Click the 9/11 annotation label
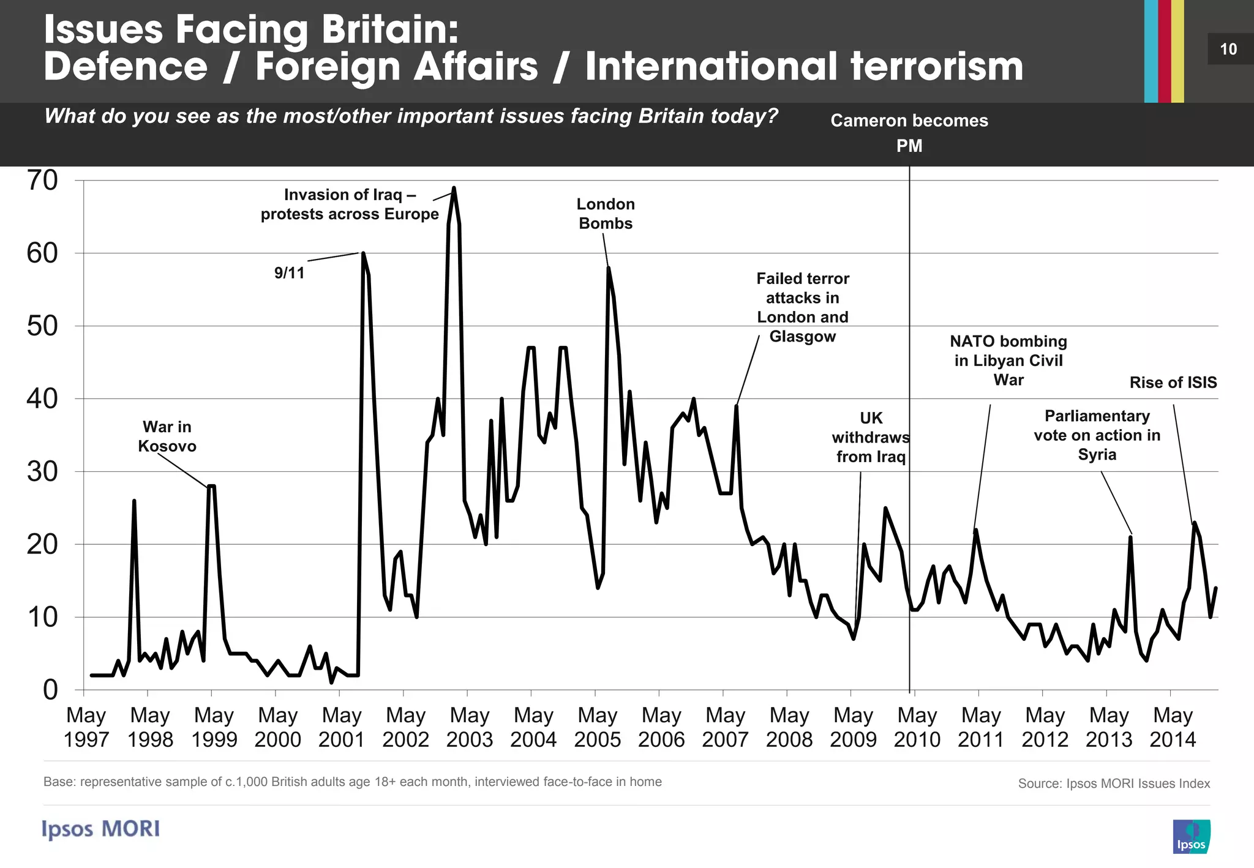[289, 273]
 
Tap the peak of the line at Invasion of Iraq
[454, 188]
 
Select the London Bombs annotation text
[606, 214]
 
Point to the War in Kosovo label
[167, 436]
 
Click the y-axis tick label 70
[42, 181]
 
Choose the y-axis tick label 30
[42, 472]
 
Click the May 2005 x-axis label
[597, 727]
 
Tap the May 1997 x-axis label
[86, 727]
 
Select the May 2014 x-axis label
[1173, 727]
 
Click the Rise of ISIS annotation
[1173, 383]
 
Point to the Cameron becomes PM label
[909, 133]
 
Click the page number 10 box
[1228, 49]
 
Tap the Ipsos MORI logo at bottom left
[101, 829]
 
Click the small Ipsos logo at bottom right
[1191, 836]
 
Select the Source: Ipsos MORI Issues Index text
[1114, 784]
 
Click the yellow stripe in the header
[1177, 51]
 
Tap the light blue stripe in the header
[1151, 51]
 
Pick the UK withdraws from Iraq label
[871, 438]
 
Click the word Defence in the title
[126, 66]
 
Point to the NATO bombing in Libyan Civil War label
[1008, 361]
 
